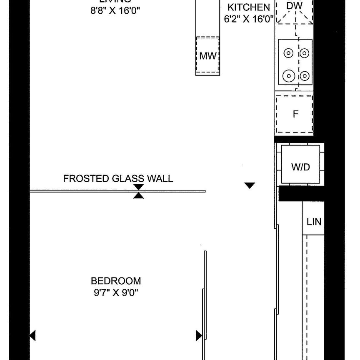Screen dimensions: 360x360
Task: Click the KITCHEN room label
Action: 248,7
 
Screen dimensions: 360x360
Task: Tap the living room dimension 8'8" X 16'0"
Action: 115,11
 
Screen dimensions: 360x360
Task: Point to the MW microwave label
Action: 207,56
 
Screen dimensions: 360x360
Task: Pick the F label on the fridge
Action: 295,114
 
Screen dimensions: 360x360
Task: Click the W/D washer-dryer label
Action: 300,167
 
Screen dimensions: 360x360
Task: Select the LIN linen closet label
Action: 314,222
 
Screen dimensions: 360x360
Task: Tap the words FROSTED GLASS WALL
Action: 118,179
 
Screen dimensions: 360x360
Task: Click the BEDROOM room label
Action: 116,281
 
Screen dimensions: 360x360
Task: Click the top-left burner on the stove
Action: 288,53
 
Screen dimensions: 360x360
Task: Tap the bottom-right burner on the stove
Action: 305,76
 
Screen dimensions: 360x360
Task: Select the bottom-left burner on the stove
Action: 288,76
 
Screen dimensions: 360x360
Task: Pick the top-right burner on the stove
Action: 305,53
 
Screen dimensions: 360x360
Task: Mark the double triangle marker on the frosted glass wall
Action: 139,192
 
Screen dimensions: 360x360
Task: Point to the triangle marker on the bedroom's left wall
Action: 32,335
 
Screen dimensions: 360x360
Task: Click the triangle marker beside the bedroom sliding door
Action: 199,335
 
